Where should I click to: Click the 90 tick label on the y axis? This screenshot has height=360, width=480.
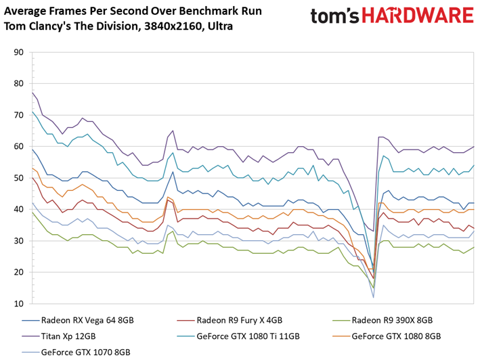tap(18, 53)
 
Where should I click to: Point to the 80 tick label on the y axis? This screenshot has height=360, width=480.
tap(18, 84)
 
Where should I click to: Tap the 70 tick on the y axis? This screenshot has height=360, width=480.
tap(18, 116)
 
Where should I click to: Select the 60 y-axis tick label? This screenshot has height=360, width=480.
tap(18, 147)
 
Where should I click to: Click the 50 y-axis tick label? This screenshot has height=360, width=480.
tap(18, 178)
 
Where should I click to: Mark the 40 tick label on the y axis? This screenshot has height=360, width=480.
tap(18, 210)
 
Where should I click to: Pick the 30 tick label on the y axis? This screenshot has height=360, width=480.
tap(18, 241)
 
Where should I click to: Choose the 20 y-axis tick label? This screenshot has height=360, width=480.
tap(18, 272)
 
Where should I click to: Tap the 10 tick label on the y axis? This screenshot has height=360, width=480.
tap(18, 304)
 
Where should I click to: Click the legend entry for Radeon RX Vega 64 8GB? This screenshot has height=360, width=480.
tap(89, 321)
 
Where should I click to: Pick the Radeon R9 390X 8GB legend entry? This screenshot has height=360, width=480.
tap(393, 321)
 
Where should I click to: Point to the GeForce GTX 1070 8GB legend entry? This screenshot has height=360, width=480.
tap(85, 352)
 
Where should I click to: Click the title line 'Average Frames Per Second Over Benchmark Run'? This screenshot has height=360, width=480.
tap(133, 12)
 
